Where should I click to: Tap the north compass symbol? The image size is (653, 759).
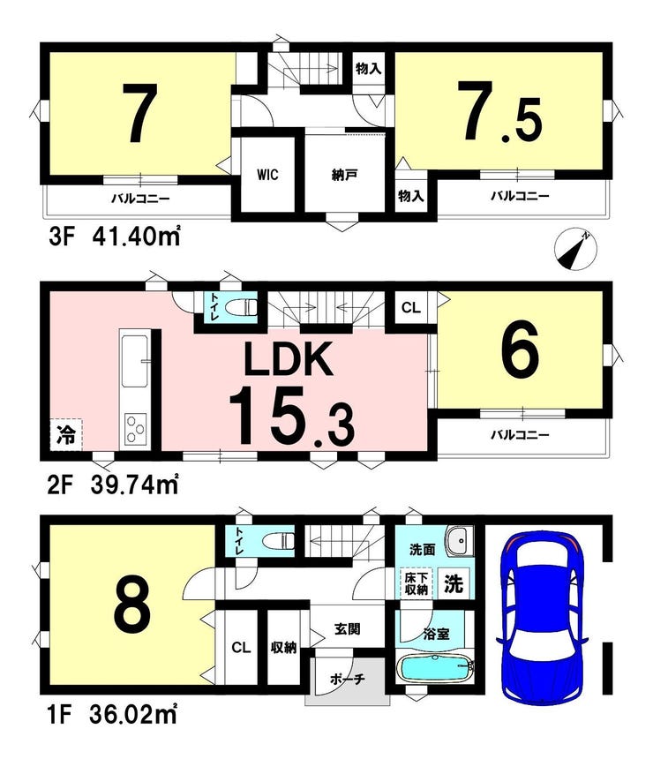point(575,249)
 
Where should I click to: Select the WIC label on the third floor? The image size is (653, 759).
point(267,174)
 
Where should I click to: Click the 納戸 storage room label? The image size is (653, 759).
point(345,175)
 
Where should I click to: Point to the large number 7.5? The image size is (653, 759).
point(500,113)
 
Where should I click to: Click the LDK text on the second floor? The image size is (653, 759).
point(289,358)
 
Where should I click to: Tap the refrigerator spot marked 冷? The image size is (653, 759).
point(66,435)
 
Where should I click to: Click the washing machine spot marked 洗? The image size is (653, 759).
point(454,583)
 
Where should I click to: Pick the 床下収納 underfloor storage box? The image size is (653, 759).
point(416,582)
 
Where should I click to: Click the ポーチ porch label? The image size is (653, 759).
point(347,680)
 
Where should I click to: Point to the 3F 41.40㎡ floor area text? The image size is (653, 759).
point(114,237)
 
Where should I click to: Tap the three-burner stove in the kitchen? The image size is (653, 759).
point(136,429)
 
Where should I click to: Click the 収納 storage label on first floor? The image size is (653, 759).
point(284,647)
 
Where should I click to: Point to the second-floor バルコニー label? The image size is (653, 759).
point(521,435)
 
